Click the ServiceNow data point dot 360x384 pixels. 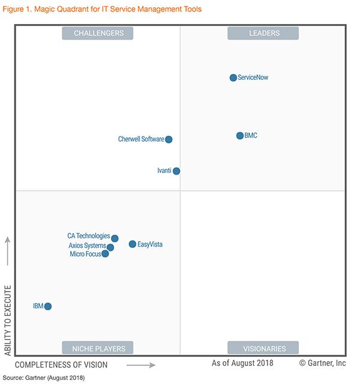click(x=233, y=77)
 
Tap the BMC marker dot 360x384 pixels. click(x=240, y=136)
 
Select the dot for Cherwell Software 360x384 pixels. click(x=169, y=139)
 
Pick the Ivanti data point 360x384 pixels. click(x=176, y=171)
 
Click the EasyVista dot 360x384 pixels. click(x=133, y=244)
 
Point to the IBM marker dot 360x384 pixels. click(x=48, y=307)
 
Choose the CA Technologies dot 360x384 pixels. click(x=115, y=238)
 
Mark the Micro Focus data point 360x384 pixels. click(x=106, y=254)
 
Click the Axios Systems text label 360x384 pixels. click(x=87, y=246)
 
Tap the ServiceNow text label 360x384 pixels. click(x=257, y=78)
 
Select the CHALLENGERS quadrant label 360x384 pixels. click(x=98, y=34)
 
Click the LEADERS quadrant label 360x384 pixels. click(x=264, y=34)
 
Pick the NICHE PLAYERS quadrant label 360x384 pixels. click(x=98, y=348)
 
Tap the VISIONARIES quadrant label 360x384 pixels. click(x=264, y=348)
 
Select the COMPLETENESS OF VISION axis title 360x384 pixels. click(x=61, y=365)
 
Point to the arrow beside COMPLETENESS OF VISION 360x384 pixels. click(x=140, y=365)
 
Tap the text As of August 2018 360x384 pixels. click(x=242, y=363)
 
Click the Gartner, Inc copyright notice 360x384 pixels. click(x=323, y=363)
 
